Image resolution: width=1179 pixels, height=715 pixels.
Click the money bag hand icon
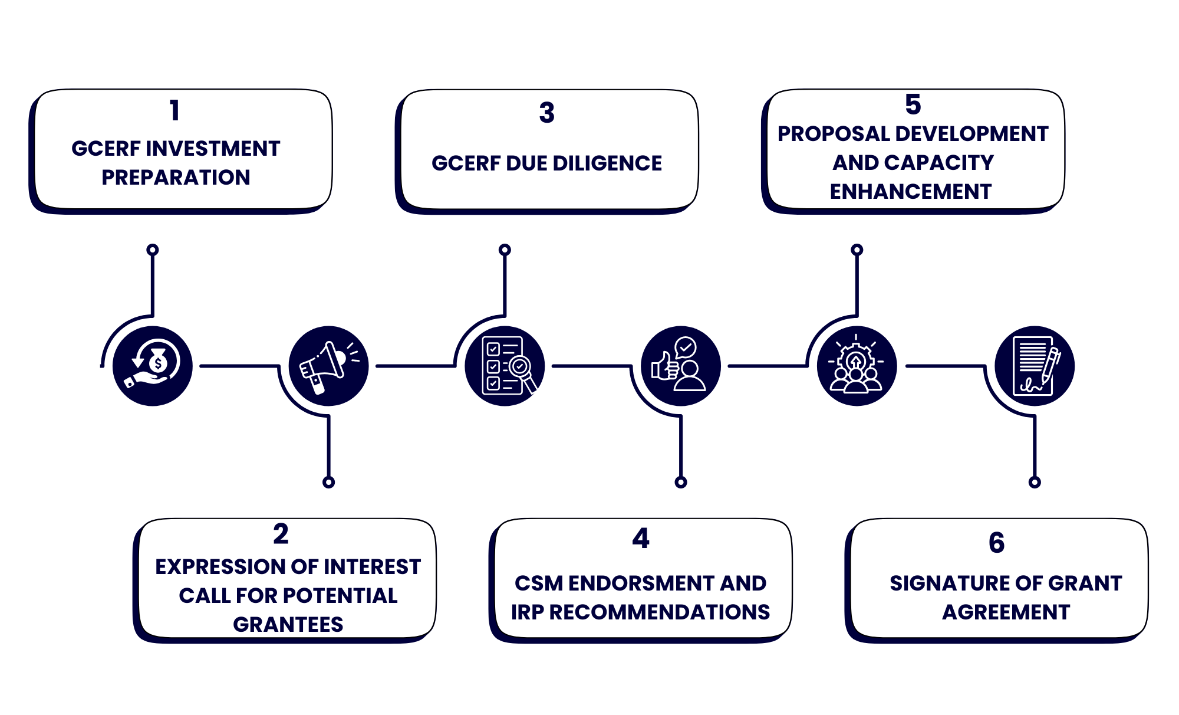tap(153, 366)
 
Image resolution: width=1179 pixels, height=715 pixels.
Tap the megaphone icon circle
tap(328, 366)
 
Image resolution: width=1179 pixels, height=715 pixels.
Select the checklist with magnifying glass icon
tap(505, 366)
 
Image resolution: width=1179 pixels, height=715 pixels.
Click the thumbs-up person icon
tap(680, 366)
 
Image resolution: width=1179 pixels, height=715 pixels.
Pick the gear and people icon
tap(857, 366)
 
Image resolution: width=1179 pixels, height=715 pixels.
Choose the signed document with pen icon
tap(1035, 366)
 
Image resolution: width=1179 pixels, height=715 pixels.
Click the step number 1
tap(174, 110)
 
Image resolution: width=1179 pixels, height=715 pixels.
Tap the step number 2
tap(281, 534)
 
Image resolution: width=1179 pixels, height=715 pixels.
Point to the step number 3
tap(546, 113)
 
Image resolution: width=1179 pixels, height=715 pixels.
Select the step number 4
tap(641, 538)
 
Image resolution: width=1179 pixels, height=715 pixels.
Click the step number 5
tap(913, 104)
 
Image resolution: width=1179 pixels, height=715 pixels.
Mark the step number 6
tap(996, 542)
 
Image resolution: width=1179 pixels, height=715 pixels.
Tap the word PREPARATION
tap(176, 178)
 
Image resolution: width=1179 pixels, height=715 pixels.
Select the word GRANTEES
tap(288, 625)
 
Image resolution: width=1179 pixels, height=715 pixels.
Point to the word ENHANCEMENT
tap(911, 192)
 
